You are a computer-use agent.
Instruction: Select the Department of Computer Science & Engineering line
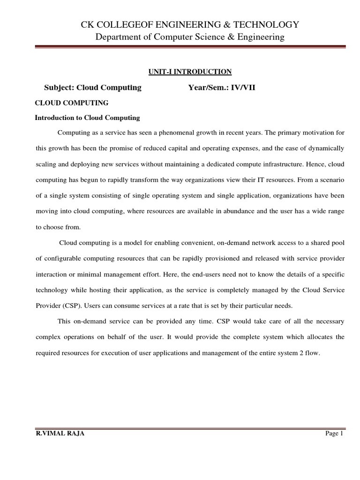coord(189,37)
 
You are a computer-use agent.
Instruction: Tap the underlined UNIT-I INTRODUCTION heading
coord(190,72)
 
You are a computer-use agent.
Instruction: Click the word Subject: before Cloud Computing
coord(59,88)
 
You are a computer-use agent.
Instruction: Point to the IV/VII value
coord(243,88)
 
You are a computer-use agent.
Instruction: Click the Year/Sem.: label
coord(209,88)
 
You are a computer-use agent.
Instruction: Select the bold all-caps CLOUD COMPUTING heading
coord(72,103)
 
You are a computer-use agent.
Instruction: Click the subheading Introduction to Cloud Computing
coord(88,118)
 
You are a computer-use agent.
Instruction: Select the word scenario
coord(331,180)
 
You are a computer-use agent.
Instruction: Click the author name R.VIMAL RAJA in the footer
coord(60,434)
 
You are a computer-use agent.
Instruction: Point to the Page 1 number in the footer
coord(334,434)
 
